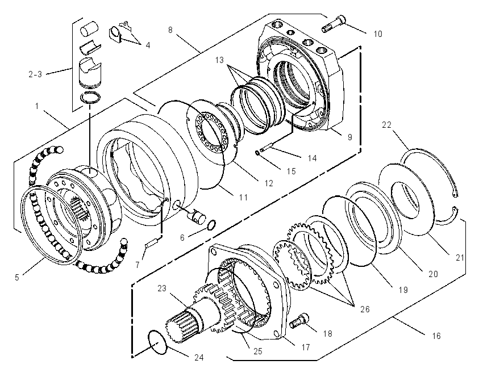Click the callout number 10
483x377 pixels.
(x=378, y=34)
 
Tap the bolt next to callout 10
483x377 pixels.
(x=334, y=24)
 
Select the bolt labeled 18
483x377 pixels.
(x=299, y=321)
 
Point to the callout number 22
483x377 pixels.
(x=386, y=125)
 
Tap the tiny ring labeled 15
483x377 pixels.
(x=257, y=152)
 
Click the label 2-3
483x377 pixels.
(x=35, y=74)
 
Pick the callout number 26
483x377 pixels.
(x=365, y=309)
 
